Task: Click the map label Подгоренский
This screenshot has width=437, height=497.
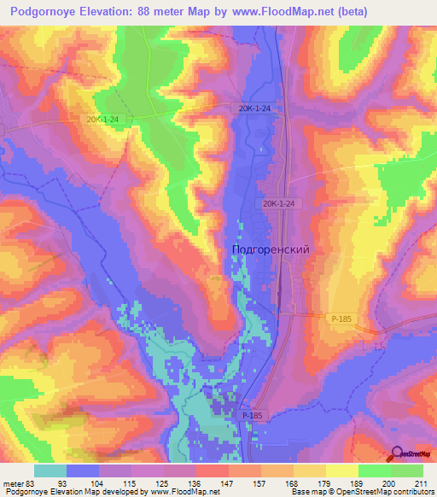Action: coord(270,249)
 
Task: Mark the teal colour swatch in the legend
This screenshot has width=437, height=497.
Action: coord(50,471)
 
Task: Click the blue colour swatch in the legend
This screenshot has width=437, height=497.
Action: coord(83,471)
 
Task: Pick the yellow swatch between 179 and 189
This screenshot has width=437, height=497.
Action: coord(341,471)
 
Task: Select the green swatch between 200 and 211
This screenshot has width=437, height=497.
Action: coord(407,471)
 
